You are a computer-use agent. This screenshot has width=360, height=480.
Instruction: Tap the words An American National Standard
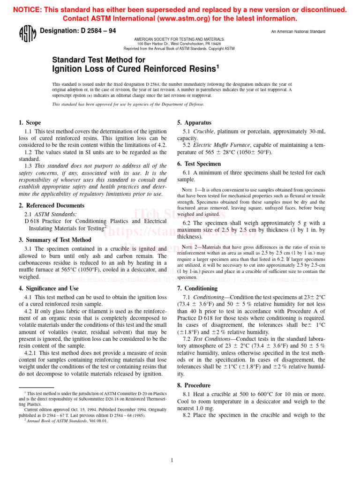click(298, 32)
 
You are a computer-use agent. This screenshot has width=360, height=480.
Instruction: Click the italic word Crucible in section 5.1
click(204, 132)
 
